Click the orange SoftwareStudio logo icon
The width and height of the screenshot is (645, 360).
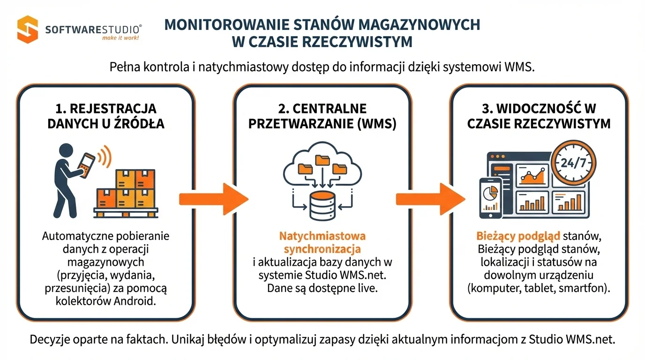coord(28,29)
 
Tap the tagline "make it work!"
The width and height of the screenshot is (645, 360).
coord(120,37)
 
